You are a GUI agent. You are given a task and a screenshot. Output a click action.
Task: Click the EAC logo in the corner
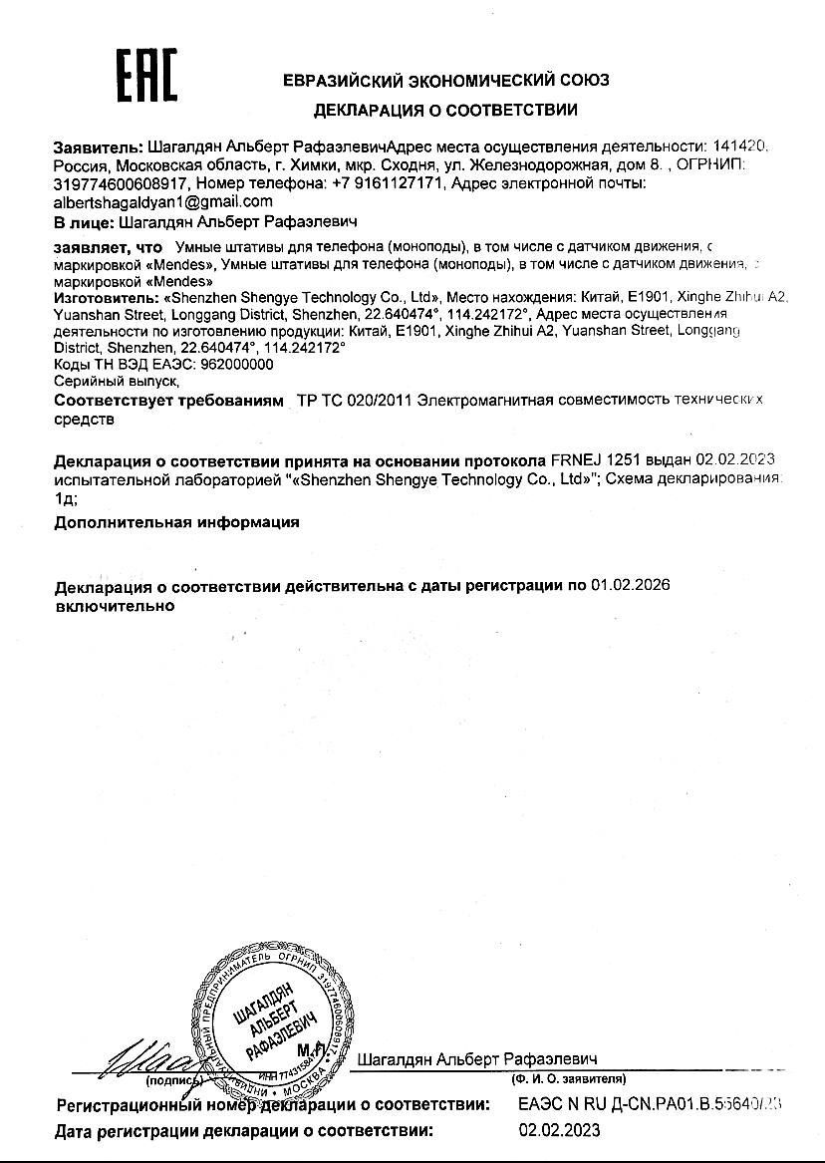146,77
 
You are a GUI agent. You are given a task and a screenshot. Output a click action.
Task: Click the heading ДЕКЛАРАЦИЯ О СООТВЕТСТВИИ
445,110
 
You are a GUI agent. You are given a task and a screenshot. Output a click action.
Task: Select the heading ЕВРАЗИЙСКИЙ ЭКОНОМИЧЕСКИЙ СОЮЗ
445,80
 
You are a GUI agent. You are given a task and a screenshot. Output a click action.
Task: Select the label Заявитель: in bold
98,146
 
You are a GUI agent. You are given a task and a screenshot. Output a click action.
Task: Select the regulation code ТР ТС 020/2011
353,401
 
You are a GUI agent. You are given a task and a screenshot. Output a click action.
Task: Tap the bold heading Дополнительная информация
176,521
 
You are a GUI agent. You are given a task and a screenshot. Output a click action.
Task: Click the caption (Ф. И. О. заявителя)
568,1078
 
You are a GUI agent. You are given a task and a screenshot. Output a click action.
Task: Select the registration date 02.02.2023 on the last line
559,1130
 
